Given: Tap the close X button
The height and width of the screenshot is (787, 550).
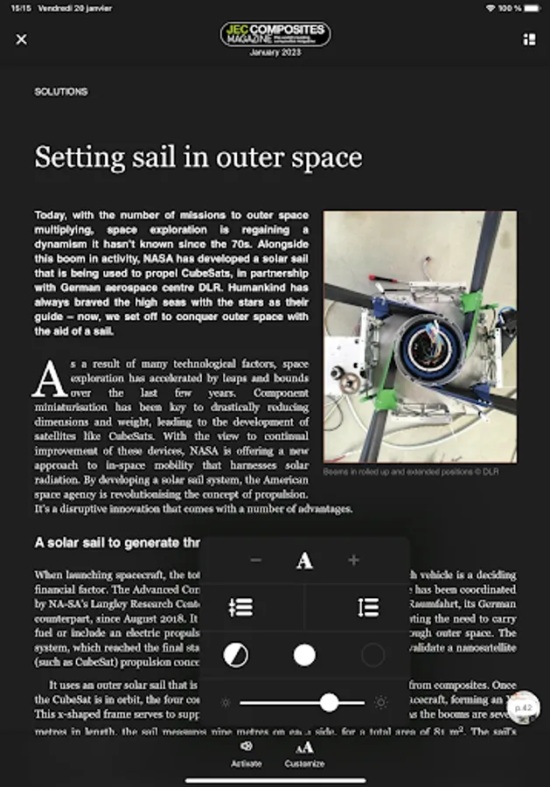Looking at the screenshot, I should [x=22, y=39].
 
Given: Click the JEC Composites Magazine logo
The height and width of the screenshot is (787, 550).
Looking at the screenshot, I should [x=275, y=35].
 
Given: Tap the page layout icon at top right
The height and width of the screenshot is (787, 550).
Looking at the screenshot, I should [x=528, y=39].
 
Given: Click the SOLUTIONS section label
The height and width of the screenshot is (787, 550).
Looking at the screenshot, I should [x=61, y=92].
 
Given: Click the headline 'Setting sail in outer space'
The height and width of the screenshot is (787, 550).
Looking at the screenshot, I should [x=198, y=157].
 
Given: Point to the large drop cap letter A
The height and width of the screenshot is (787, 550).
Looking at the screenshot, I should [x=49, y=379].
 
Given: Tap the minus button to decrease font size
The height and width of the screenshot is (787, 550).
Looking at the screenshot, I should [x=255, y=560].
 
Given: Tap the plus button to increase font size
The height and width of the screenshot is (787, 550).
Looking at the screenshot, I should [x=353, y=560].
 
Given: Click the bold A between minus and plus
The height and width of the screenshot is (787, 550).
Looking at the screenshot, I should [x=304, y=561].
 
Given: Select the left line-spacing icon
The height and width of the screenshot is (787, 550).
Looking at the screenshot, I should [x=240, y=608].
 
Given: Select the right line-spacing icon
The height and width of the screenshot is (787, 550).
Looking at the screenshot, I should [x=368, y=608].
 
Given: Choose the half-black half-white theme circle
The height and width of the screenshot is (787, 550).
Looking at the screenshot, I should [x=235, y=655].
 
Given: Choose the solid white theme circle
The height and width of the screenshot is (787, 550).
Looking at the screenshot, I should [x=304, y=655].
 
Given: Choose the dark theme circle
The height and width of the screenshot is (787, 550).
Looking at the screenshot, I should [x=372, y=655].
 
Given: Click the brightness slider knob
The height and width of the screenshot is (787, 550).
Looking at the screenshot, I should [x=329, y=702].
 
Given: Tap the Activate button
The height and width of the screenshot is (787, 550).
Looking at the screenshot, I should [x=246, y=753].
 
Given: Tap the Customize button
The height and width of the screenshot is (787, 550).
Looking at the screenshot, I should [x=304, y=753].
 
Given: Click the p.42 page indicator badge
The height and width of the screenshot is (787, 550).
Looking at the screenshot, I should [x=524, y=707].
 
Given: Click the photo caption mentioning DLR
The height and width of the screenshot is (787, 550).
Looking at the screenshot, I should [x=410, y=471].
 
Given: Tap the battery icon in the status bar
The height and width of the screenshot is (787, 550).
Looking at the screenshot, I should [x=532, y=8].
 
